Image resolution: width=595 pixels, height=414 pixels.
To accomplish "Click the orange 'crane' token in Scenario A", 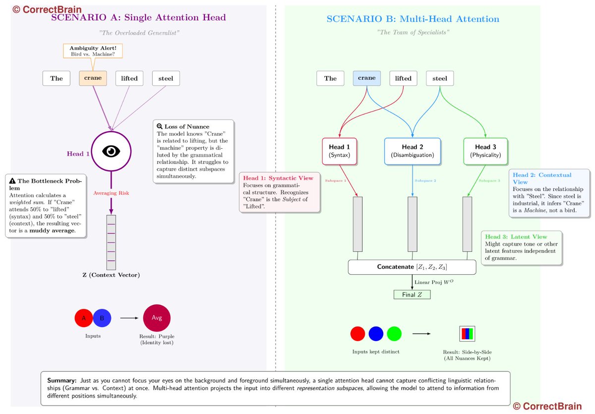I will pyautogui.click(x=93, y=78).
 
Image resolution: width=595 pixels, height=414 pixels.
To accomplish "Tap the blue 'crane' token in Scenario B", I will pyautogui.click(x=367, y=78).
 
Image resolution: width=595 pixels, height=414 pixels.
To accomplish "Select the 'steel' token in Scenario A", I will pyautogui.click(x=166, y=78).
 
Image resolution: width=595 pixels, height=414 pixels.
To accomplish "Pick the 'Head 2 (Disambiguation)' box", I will pyautogui.click(x=413, y=151).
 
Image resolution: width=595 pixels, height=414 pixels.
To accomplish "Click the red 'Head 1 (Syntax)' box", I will pyautogui.click(x=340, y=151).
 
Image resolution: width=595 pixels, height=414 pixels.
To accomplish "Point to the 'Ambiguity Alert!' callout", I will pyautogui.click(x=93, y=50).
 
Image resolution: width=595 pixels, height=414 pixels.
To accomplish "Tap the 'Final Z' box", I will pyautogui.click(x=412, y=295).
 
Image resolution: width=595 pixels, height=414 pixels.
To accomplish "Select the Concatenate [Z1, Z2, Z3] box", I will pyautogui.click(x=412, y=267).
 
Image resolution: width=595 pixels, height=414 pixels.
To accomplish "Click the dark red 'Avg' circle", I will pyautogui.click(x=157, y=318).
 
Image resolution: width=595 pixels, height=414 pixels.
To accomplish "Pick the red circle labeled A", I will pyautogui.click(x=84, y=318).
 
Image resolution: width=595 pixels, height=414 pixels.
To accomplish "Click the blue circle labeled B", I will pyautogui.click(x=102, y=318).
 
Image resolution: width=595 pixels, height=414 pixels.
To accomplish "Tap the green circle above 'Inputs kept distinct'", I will pyautogui.click(x=394, y=334).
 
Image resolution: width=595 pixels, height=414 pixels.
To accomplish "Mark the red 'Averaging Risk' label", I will pyautogui.click(x=111, y=192).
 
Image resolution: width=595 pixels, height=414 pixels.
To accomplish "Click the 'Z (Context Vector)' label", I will pyautogui.click(x=111, y=275).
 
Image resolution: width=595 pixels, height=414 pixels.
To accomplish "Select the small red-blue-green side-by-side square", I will pyautogui.click(x=467, y=334).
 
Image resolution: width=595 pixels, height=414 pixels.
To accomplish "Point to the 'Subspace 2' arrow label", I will pyautogui.click(x=425, y=180).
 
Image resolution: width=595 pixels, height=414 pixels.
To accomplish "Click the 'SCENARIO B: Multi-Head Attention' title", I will pyautogui.click(x=413, y=19).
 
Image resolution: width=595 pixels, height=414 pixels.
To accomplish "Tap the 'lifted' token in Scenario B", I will pyautogui.click(x=403, y=78).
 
